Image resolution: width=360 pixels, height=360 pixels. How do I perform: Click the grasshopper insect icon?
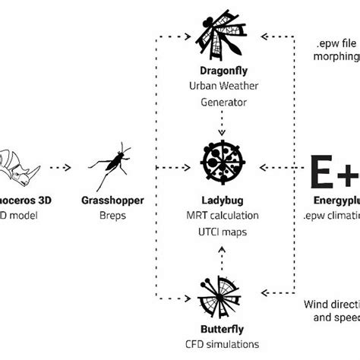coord(112,160)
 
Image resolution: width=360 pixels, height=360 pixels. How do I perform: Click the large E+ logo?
coord(335,171)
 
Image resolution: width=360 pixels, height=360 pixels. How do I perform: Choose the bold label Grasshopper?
coord(112,201)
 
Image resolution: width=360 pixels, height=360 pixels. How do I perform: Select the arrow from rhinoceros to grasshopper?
coord(59,166)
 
